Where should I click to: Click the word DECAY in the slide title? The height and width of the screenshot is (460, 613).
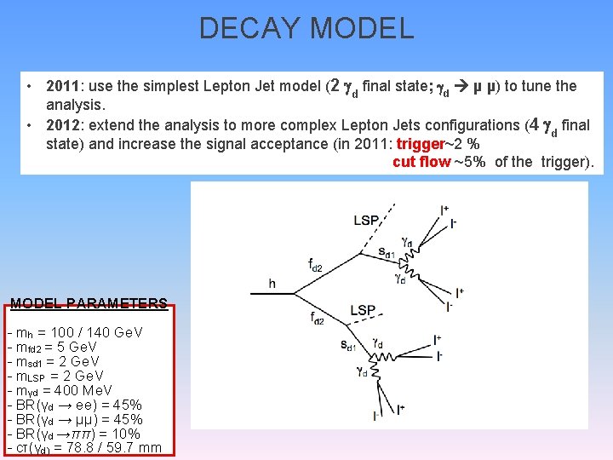pos(249,28)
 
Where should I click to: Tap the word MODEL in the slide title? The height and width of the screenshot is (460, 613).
pos(362,28)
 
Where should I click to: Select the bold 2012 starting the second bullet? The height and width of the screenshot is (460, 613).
pos(63,125)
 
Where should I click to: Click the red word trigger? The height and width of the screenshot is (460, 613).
pos(421,144)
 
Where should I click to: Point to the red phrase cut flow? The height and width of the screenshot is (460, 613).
pos(421,162)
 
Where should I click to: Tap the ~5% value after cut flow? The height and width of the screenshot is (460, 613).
pos(469,162)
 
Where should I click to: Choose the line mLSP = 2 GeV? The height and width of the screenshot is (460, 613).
pos(55,376)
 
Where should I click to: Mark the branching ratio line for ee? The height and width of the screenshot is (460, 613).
pos(74,405)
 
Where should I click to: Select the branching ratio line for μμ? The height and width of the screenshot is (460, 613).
pos(74,419)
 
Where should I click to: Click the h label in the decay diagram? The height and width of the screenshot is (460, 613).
pos(272,284)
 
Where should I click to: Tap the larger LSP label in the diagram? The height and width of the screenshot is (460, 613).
pos(363,310)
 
